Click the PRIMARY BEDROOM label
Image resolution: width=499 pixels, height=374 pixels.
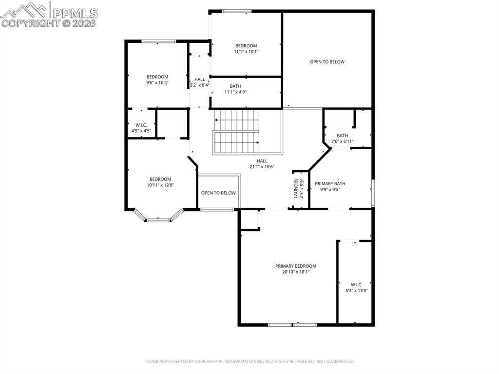[x=295, y=266]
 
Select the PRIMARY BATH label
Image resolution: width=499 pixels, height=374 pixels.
[x=330, y=184]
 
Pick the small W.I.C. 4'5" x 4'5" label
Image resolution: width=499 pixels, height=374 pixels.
[x=141, y=125]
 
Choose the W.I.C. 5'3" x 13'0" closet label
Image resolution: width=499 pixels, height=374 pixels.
[x=356, y=285]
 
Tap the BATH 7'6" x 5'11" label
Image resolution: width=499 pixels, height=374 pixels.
[x=342, y=136]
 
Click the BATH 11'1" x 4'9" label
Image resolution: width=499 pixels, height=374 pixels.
[x=235, y=86]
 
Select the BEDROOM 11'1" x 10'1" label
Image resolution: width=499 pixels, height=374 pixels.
[x=246, y=46]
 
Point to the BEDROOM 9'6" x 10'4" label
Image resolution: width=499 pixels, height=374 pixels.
[x=157, y=77]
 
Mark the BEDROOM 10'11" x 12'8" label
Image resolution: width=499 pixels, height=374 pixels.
[x=160, y=179]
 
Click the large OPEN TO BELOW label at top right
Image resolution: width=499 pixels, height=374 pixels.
[x=327, y=62]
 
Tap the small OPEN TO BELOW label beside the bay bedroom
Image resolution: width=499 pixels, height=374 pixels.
[x=218, y=193]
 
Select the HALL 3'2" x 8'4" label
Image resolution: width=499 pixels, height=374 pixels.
[x=199, y=79]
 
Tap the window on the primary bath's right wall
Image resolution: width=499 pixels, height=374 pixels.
[x=372, y=193]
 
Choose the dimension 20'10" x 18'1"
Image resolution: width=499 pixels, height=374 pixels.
[x=295, y=272]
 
